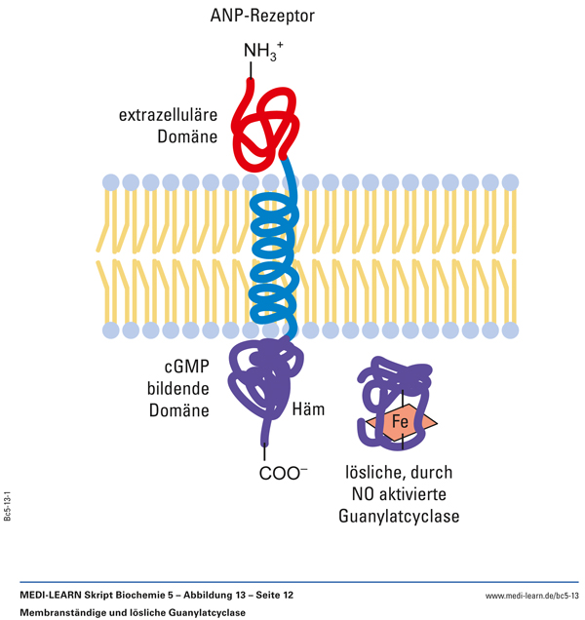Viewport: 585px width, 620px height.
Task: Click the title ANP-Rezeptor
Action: (x=262, y=16)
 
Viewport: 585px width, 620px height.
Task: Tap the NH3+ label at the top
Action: (x=262, y=51)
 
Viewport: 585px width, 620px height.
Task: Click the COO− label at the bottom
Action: (x=283, y=474)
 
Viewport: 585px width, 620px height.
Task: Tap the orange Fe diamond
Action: (x=399, y=423)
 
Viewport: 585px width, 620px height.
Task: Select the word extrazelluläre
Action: (x=168, y=116)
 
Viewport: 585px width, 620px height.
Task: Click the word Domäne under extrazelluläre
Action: (x=187, y=139)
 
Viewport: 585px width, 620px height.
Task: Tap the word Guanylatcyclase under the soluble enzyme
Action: (x=399, y=517)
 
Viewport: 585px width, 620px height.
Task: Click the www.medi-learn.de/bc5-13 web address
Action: (x=532, y=595)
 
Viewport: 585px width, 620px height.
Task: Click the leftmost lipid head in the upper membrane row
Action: (x=109, y=182)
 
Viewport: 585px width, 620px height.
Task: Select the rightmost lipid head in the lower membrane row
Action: (x=508, y=329)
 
